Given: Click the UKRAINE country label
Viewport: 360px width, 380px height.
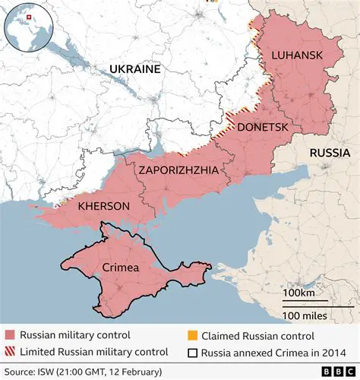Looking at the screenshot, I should [135, 69].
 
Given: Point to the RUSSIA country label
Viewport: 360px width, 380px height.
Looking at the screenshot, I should [329, 153].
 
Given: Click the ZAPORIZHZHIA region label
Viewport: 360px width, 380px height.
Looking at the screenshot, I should [178, 170].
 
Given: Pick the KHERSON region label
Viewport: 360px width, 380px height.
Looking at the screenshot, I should [103, 206].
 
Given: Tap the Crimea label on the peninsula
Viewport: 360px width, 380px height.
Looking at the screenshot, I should [119, 268].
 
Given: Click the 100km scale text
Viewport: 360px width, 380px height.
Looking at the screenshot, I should [299, 293].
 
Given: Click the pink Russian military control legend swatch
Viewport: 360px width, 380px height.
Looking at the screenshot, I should [10, 335].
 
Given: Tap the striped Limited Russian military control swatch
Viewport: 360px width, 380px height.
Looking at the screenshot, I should [10, 352].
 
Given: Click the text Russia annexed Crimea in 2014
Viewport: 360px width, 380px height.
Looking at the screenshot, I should [270, 352].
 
